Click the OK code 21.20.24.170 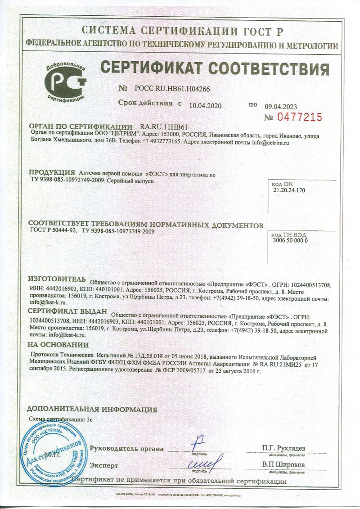point(289,190)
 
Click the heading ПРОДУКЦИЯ point(51,172)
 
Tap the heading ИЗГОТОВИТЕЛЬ point(56,278)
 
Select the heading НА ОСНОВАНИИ point(58,345)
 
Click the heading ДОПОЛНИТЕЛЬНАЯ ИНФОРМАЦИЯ point(92,410)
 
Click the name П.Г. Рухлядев point(284,448)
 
